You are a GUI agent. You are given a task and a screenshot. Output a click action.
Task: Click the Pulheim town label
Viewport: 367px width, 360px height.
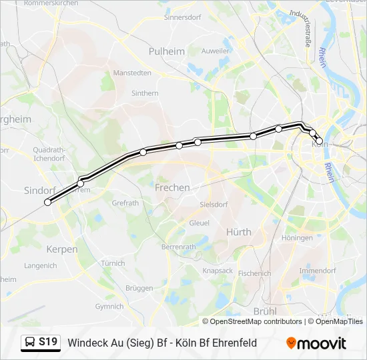(x=167, y=51)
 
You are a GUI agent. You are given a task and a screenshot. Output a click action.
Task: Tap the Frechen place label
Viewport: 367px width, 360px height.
(x=172, y=188)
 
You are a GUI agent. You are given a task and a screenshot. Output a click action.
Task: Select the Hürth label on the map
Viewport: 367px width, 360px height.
(x=239, y=232)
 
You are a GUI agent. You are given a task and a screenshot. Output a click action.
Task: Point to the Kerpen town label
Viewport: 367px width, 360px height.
(x=62, y=249)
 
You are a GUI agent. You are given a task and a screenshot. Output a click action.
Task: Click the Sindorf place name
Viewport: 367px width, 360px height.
(x=39, y=190)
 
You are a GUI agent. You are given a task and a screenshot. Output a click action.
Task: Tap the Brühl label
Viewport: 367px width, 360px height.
(x=265, y=311)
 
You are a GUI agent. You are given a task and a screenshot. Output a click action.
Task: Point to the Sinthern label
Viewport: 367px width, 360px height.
(x=145, y=94)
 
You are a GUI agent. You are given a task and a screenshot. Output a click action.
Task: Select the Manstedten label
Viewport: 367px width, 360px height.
(x=132, y=73)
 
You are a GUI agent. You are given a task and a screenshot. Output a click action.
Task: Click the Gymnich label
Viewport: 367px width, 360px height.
(x=109, y=307)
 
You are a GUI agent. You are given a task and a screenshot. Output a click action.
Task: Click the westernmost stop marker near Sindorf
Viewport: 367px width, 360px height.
(x=47, y=202)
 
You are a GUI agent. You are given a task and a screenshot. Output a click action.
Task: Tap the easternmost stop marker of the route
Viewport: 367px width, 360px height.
(x=319, y=141)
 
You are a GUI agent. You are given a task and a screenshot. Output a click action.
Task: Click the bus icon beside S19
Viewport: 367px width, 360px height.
(x=30, y=343)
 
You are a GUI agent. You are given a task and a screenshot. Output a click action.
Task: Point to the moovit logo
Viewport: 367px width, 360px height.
(x=316, y=343)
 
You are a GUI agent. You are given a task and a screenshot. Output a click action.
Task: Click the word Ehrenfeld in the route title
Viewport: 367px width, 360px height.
(x=232, y=343)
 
